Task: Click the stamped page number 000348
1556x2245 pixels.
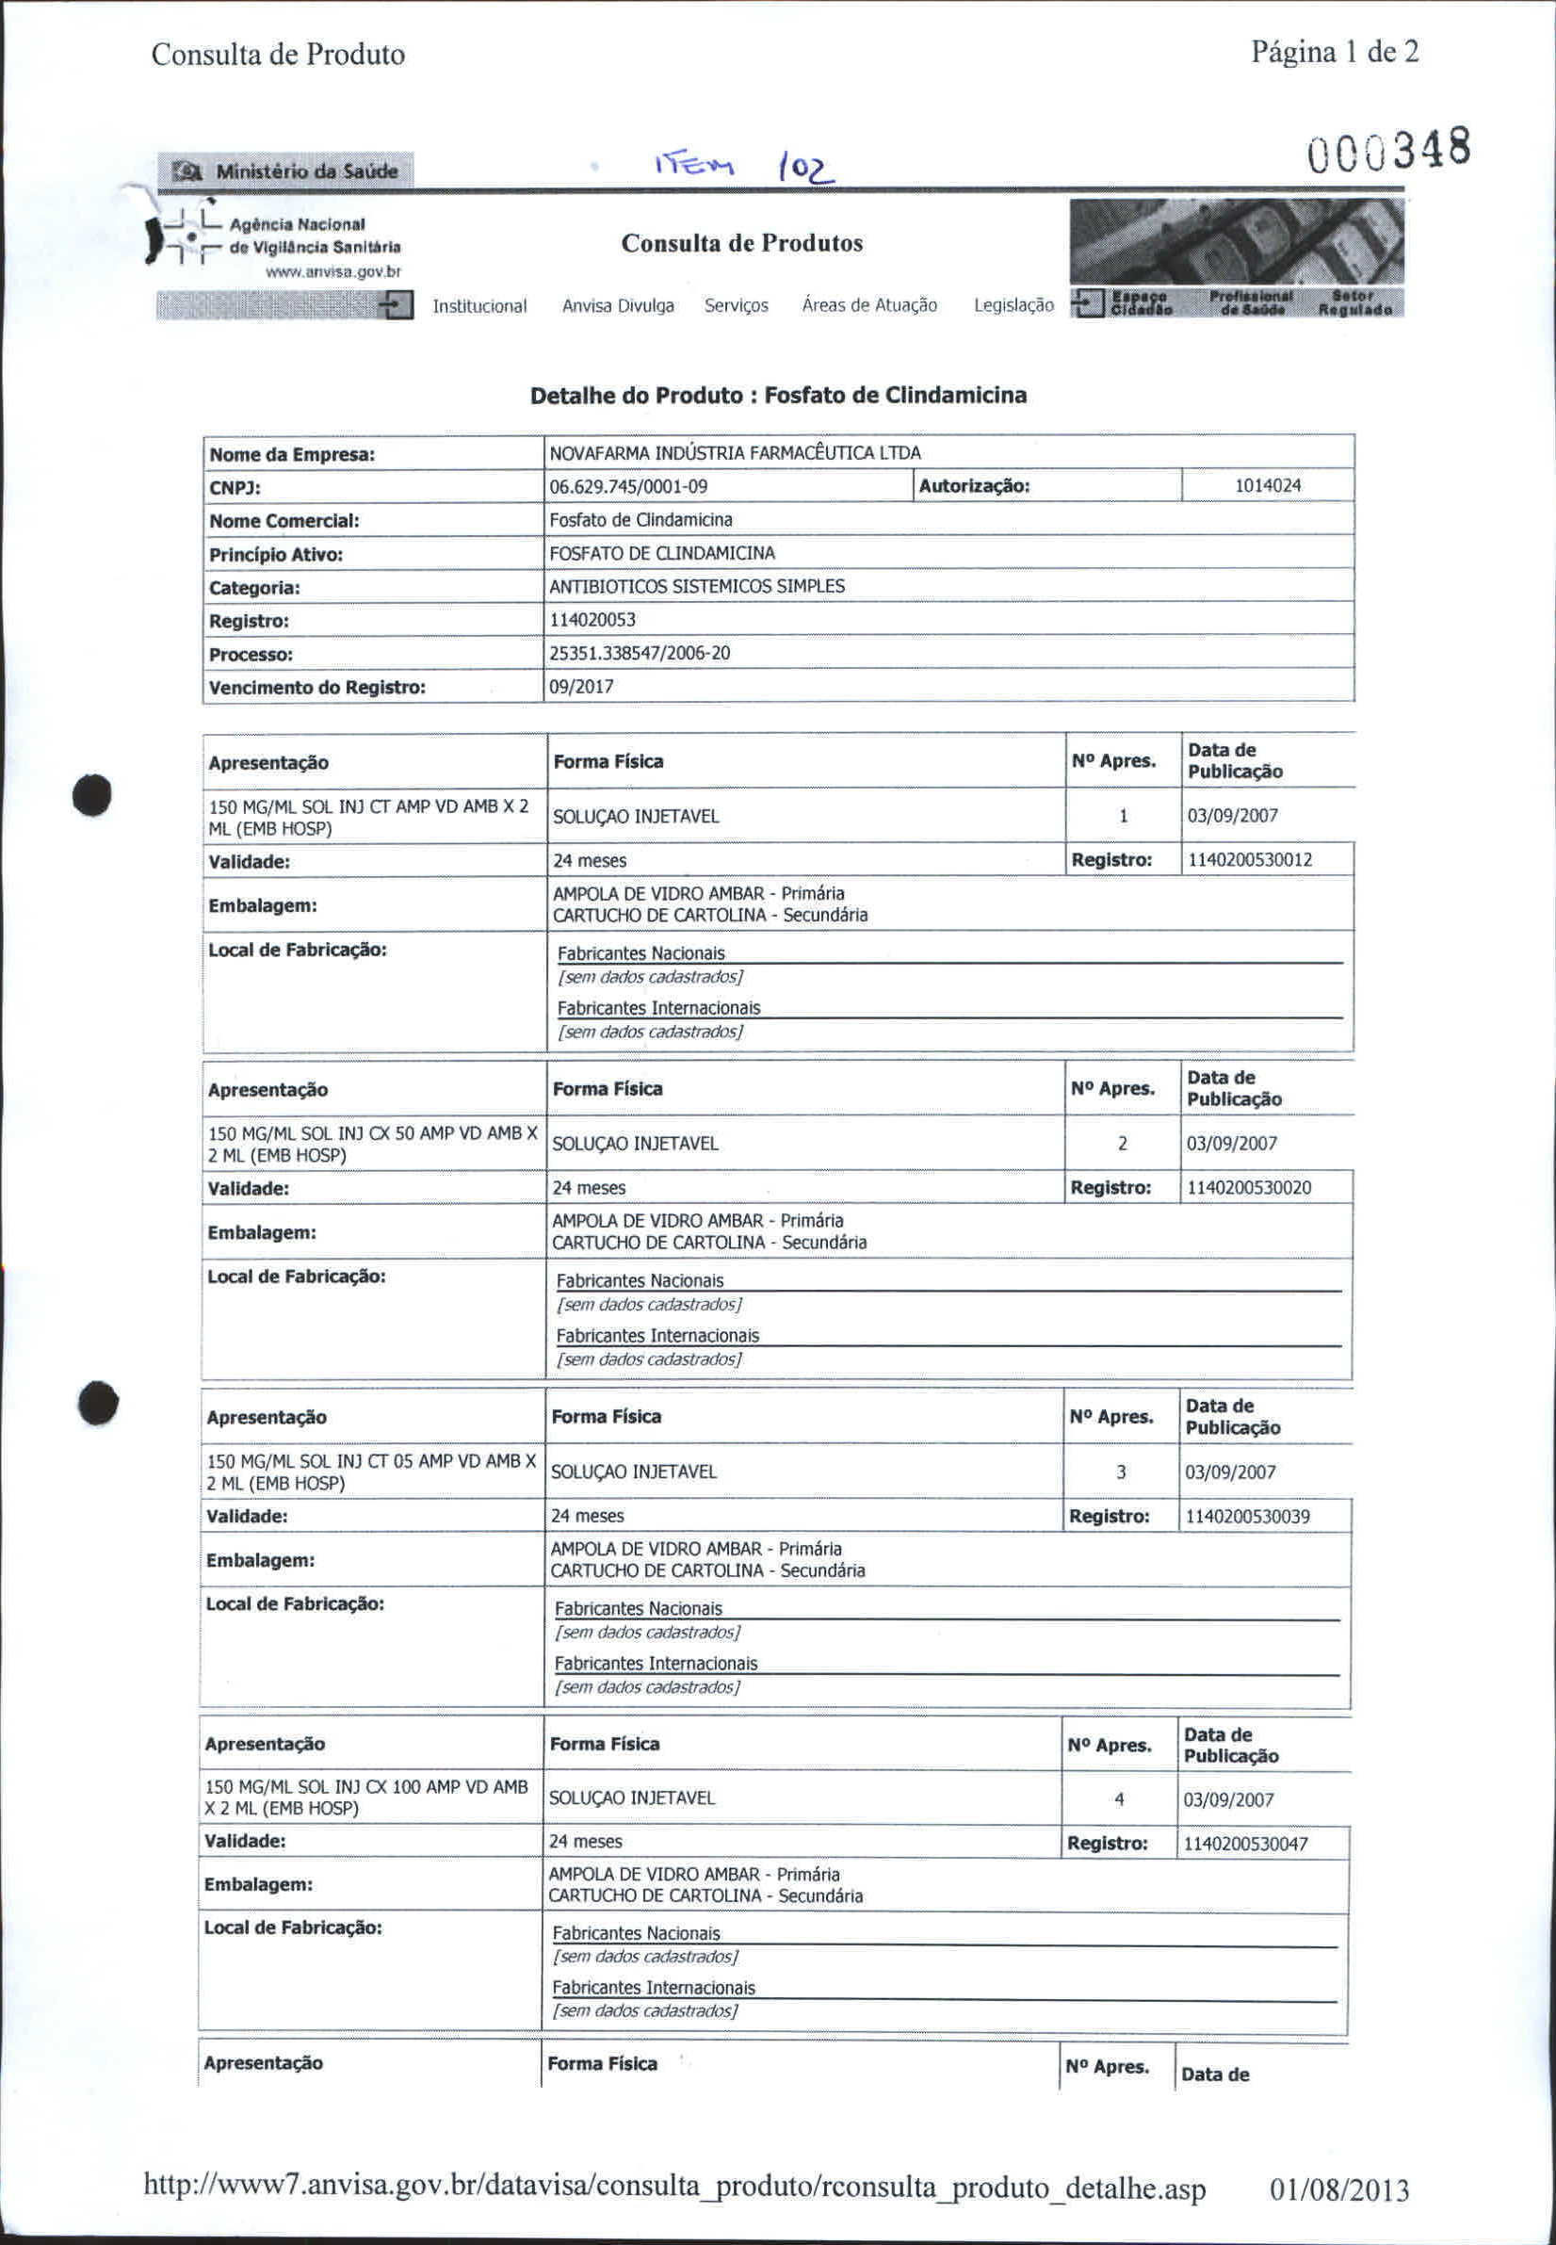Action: (1388, 151)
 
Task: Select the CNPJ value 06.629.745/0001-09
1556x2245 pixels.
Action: (628, 487)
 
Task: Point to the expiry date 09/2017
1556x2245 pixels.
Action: (581, 687)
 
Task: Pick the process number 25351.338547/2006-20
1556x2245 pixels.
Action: (639, 654)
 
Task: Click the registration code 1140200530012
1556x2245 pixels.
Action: (1249, 860)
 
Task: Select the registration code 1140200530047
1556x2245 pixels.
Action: (1245, 1845)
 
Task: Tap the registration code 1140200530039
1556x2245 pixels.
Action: (1247, 1517)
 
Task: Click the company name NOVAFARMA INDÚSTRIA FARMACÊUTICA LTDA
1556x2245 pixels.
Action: (734, 453)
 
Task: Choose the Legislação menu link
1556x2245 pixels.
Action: (1013, 305)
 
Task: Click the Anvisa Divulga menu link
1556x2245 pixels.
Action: (617, 306)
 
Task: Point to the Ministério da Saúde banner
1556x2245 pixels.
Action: (285, 171)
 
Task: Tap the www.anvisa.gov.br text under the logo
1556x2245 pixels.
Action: (333, 272)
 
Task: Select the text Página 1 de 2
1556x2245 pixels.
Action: (1334, 53)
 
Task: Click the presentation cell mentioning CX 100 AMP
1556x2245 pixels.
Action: (365, 1797)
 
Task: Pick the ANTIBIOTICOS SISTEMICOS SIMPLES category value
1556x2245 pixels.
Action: (696, 587)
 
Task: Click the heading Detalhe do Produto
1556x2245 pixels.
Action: (777, 396)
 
